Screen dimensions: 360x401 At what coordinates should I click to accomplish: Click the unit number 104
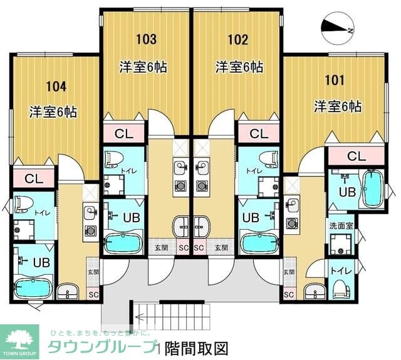point(55,86)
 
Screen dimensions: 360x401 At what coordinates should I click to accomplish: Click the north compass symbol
point(336,26)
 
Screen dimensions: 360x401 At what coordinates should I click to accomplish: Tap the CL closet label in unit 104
point(34,178)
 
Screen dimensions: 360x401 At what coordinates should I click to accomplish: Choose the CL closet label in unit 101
point(357,155)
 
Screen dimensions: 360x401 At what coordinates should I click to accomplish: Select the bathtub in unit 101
point(373,188)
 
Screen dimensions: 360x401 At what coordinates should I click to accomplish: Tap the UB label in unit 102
point(250,217)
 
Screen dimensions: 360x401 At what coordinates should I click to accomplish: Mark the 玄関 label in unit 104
point(93,272)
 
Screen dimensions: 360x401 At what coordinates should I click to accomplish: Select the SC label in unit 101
point(289,294)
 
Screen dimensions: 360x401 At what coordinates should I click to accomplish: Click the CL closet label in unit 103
point(123,133)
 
